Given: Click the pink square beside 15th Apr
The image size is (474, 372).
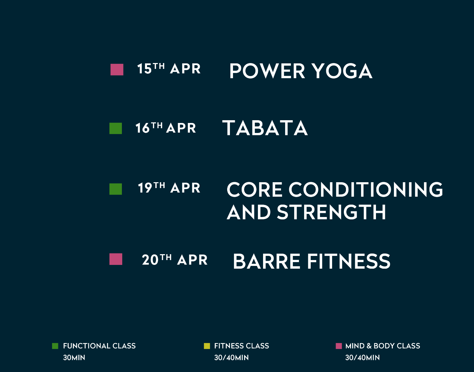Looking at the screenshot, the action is click(117, 70).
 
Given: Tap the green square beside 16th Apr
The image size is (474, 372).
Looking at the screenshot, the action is click(116, 128).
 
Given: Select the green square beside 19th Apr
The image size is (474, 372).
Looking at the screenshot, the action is click(116, 189).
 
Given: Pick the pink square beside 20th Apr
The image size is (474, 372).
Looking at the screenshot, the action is click(116, 259).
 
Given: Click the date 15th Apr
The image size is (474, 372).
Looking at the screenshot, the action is click(169, 68).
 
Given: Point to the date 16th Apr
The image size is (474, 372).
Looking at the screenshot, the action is click(166, 128).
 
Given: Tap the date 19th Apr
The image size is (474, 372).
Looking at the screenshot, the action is click(169, 188).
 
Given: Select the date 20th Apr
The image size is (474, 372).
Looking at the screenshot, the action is click(175, 259).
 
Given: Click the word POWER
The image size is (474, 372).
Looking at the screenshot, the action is click(267, 71).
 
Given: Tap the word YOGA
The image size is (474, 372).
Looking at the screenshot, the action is click(343, 71).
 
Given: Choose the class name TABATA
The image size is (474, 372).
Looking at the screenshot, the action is click(265, 128).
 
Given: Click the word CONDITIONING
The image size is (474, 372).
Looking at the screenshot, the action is click(366, 189).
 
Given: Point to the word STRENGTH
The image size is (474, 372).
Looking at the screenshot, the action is click(331, 212).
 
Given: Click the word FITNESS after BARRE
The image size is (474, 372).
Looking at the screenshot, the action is click(349, 261).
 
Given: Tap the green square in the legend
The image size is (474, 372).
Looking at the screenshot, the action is click(55, 346).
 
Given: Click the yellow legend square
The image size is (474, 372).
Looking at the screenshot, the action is click(207, 346).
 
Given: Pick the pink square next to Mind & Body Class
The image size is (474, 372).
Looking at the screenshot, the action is click(339, 346).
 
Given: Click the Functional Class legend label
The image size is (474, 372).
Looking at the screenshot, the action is click(99, 346).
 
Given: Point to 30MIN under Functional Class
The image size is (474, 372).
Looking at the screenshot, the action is click(74, 358).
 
